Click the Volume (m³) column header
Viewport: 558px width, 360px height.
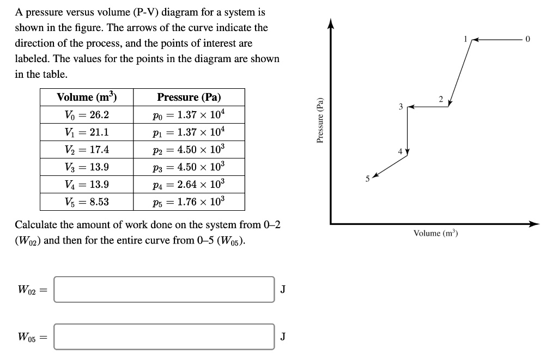pos(87,97)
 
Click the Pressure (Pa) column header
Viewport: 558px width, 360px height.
pos(189,97)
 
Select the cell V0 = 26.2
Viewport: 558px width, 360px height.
pos(87,115)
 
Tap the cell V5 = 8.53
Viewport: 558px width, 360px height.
pos(87,202)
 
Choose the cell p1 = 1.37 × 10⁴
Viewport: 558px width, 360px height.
pos(189,132)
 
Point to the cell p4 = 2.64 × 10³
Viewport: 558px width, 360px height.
pos(189,185)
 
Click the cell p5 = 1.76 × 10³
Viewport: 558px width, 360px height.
pos(189,202)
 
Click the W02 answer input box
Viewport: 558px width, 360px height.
pos(164,289)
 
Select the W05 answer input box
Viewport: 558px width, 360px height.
pos(164,337)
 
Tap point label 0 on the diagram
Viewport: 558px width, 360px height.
pos(527,39)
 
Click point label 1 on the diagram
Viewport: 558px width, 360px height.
pos(465,39)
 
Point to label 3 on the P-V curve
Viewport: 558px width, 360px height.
pos(401,107)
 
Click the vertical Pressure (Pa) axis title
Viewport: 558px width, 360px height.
pos(320,120)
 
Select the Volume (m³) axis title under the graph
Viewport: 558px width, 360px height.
pos(435,234)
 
